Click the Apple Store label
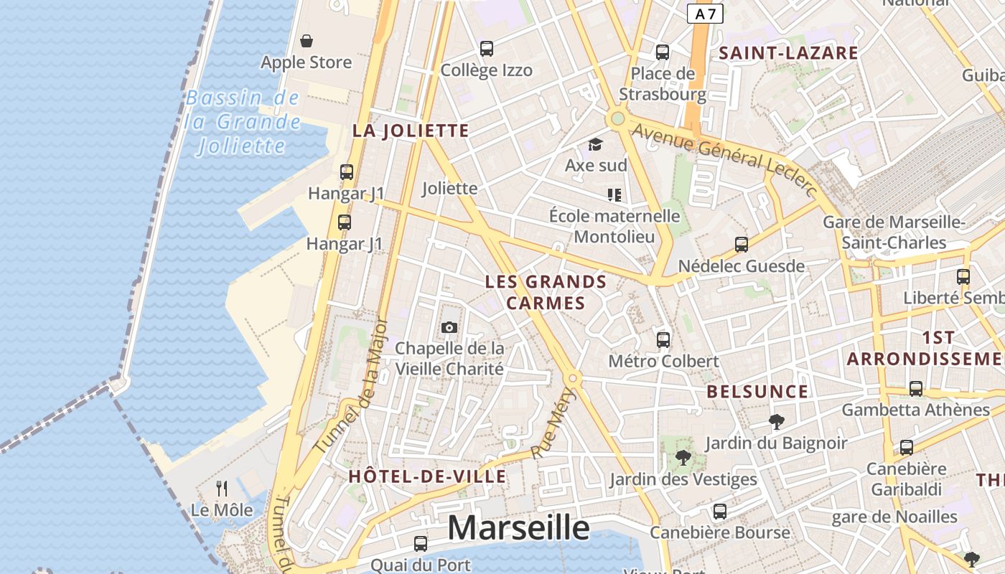[x=307, y=62]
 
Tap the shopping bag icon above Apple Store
[x=307, y=41]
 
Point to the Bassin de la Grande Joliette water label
[x=243, y=122]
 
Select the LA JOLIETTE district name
[x=411, y=131]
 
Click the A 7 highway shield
[x=705, y=13]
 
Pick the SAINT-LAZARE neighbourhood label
[x=789, y=52]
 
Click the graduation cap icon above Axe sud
[x=595, y=145]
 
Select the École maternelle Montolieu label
[x=614, y=226]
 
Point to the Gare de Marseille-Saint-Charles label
[x=894, y=232]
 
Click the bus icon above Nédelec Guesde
[x=742, y=245]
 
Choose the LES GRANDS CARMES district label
[x=546, y=292]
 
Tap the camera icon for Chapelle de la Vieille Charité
[x=450, y=328]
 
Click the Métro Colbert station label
[x=663, y=361]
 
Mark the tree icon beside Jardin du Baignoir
[x=776, y=422]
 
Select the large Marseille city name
[x=518, y=528]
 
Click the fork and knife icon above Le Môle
[x=222, y=489]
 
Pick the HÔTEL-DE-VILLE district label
[x=427, y=476]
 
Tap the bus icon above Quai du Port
[x=421, y=544]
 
